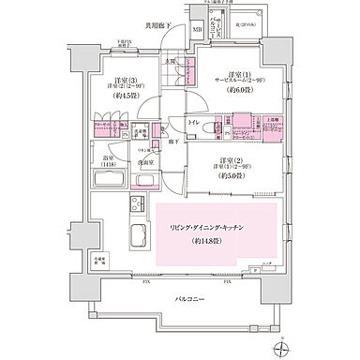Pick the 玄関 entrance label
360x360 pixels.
point(168,63)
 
